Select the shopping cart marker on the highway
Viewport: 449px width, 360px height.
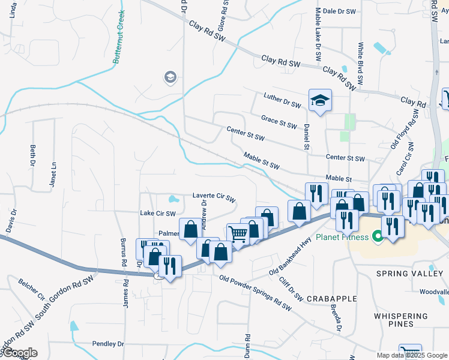pos(238,235)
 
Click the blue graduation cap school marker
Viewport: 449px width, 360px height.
pos(320,100)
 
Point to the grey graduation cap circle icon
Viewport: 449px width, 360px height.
pos(170,77)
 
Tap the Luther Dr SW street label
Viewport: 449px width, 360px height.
pos(282,100)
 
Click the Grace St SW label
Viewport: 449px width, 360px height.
pos(279,122)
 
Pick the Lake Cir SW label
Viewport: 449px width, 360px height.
pos(157,213)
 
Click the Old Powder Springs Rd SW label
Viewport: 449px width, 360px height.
pos(255,293)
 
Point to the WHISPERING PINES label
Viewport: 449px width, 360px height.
pos(402,319)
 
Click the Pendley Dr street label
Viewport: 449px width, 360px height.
pos(108,344)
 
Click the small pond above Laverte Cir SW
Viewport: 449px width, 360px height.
pos(173,199)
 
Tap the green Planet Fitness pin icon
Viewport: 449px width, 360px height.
pos(378,237)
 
